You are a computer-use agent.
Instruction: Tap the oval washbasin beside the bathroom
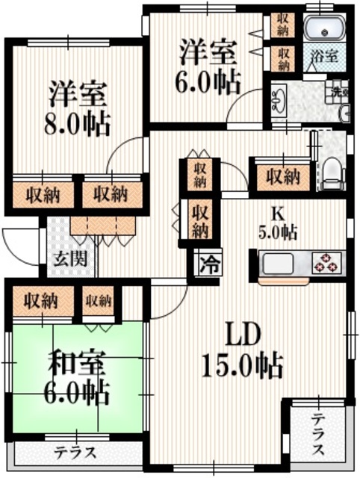point(279,97)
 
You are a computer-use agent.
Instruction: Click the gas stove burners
point(326,263)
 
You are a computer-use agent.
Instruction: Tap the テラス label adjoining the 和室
point(75,452)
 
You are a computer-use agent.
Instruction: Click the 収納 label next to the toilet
point(282,177)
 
